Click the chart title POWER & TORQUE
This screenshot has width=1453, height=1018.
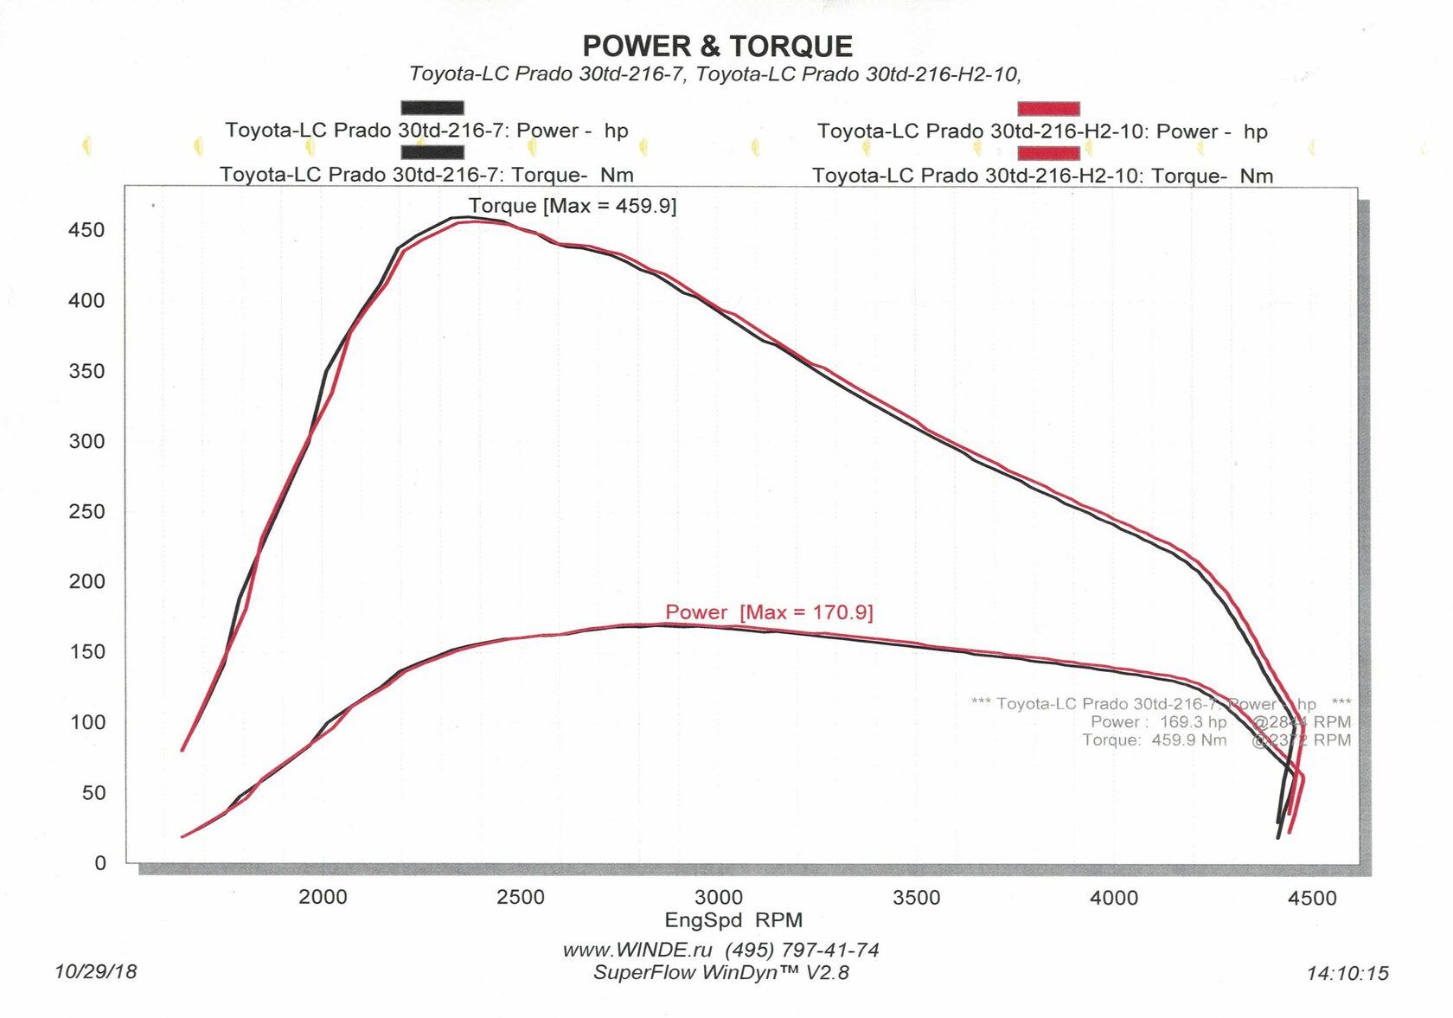[x=717, y=46]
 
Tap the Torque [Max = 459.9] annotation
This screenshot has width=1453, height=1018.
[x=572, y=206]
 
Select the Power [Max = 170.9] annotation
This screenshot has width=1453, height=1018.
[x=769, y=612]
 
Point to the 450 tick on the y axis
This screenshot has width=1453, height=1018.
[x=86, y=230]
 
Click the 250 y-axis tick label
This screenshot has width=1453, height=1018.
[x=86, y=511]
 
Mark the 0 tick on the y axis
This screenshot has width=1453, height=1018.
[x=100, y=862]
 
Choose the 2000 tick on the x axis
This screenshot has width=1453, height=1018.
[x=323, y=897]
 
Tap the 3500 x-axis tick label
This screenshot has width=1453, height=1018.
[x=916, y=898]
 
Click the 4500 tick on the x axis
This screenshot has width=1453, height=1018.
[x=1311, y=898]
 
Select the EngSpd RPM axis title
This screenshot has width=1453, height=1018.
[x=733, y=920]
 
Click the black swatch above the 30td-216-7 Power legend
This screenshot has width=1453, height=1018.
[x=432, y=108]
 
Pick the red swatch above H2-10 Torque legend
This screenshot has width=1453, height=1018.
[x=1048, y=153]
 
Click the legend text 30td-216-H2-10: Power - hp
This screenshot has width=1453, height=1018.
[x=1042, y=131]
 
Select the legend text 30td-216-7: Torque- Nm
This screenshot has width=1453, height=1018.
[x=426, y=175]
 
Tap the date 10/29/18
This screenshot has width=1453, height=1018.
[x=95, y=971]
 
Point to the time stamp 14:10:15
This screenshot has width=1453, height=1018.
[x=1347, y=973]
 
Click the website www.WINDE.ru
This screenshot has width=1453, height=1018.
[x=637, y=950]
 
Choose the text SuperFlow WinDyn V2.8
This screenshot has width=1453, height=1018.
[x=720, y=972]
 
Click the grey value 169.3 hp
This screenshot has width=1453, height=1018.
[x=1193, y=721]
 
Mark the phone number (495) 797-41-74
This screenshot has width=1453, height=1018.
[x=802, y=950]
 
